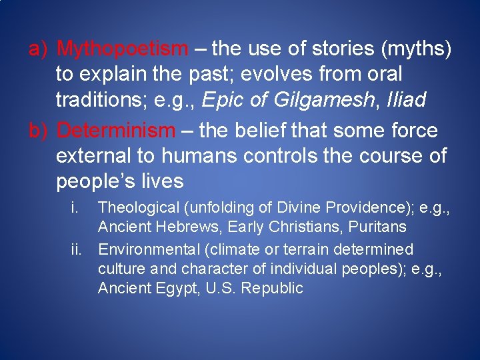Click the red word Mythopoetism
click(x=123, y=49)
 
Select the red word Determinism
click(x=115, y=131)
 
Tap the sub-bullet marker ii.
click(x=78, y=249)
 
